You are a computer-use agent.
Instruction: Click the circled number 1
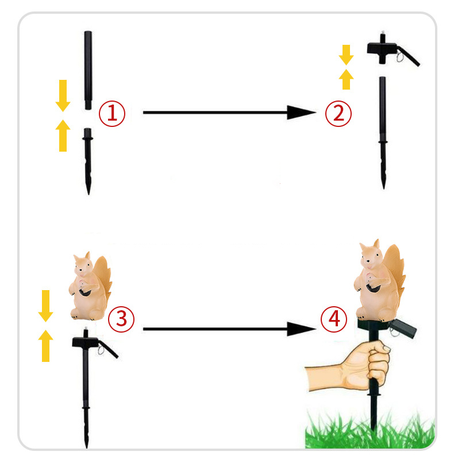tap(112, 114)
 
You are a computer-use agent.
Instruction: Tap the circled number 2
tap(338, 114)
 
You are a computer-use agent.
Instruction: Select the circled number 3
tap(121, 319)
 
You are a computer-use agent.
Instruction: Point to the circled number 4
tap(334, 319)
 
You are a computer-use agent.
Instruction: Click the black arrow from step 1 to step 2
tap(229, 113)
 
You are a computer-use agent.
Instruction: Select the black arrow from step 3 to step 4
tap(229, 329)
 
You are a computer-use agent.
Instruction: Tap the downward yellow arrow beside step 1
tap(63, 95)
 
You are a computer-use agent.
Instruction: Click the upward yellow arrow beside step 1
tap(63, 136)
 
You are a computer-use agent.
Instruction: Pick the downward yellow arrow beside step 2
tap(346, 55)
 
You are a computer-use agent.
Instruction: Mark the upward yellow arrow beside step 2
tap(346, 79)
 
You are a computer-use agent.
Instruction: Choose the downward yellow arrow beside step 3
tap(46, 306)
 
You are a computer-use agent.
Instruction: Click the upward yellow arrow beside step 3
tap(46, 346)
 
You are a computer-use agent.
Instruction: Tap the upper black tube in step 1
tap(88, 70)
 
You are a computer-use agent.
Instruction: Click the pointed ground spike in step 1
tap(87, 161)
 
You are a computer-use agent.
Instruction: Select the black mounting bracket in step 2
tap(393, 50)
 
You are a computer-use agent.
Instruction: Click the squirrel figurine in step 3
tap(90, 286)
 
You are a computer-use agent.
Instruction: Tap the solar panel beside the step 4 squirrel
tap(403, 329)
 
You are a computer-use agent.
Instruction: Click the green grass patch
tap(370, 431)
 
